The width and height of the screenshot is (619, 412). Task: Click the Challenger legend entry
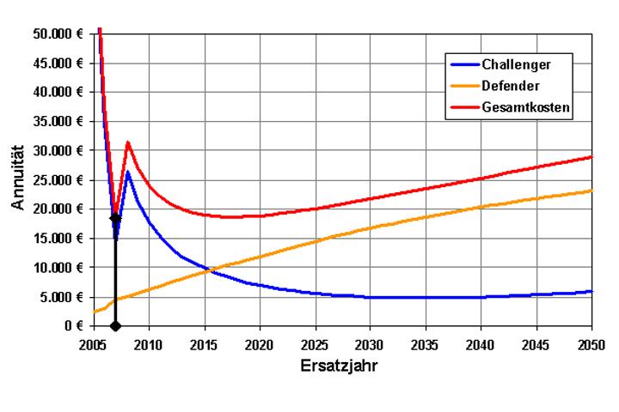click(515, 64)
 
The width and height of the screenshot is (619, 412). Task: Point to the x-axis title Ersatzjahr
click(342, 363)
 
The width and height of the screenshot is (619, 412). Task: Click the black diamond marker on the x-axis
click(115, 325)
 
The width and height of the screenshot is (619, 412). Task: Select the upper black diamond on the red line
click(115, 218)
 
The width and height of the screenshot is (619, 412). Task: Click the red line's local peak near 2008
click(127, 142)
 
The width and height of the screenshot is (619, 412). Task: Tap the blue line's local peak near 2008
click(127, 172)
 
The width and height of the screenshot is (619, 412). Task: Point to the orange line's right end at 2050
click(591, 191)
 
